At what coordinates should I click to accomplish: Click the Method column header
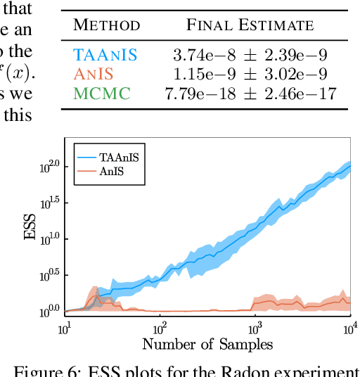[107, 26]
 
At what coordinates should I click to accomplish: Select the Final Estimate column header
[250, 26]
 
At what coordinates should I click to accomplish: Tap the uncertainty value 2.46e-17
[305, 93]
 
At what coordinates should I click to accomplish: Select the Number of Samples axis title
[207, 344]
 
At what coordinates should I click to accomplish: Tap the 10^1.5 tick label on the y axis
[52, 203]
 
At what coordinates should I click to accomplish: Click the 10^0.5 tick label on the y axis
[52, 274]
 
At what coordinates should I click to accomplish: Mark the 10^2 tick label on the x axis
[159, 327]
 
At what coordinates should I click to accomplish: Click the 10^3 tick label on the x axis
[254, 327]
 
